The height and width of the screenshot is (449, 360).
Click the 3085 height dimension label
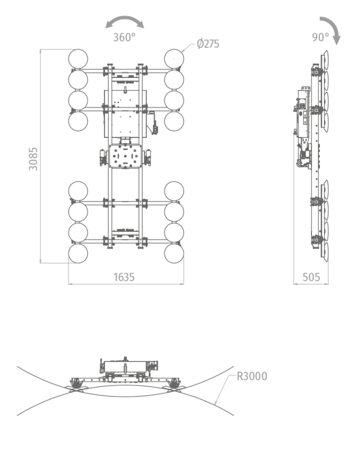[x=33, y=159]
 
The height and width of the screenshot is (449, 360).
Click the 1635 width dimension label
[x=124, y=277]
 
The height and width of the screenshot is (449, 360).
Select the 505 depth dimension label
[x=311, y=277]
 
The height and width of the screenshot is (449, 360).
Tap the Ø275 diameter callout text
[x=208, y=44]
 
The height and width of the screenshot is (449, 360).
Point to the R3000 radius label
[x=252, y=376]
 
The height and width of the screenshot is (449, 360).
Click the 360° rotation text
[x=124, y=37]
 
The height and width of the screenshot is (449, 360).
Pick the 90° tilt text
[x=320, y=37]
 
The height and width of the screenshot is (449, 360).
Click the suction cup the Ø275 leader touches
[x=174, y=59]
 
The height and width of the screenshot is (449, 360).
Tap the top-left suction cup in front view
[x=78, y=59]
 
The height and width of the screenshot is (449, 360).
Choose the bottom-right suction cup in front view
[x=174, y=253]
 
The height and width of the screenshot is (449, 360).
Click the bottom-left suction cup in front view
[x=78, y=253]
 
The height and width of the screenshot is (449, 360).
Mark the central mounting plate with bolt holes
[x=125, y=156]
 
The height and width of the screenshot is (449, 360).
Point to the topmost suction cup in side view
[x=325, y=59]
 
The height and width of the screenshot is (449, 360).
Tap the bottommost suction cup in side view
[x=325, y=252]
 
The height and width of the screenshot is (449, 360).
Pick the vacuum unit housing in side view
[x=303, y=113]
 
